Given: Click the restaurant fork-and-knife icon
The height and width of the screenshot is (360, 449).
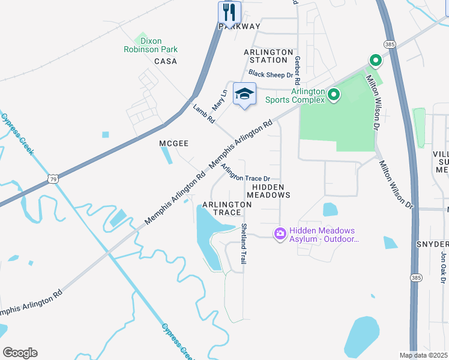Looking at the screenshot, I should (229, 12).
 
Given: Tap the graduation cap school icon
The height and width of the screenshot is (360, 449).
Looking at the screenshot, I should (244, 94).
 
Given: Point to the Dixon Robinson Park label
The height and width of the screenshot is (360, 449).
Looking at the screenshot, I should (151, 46).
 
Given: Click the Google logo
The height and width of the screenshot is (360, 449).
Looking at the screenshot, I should (20, 353).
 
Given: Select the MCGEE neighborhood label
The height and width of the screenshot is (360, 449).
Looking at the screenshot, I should (173, 143).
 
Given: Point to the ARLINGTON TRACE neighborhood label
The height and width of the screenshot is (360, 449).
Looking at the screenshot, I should (226, 208).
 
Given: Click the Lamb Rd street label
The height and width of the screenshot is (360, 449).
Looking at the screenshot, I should (203, 113).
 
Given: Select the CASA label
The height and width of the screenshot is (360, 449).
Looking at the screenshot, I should (165, 62).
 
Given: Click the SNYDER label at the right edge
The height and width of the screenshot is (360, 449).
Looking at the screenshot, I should (433, 244).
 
